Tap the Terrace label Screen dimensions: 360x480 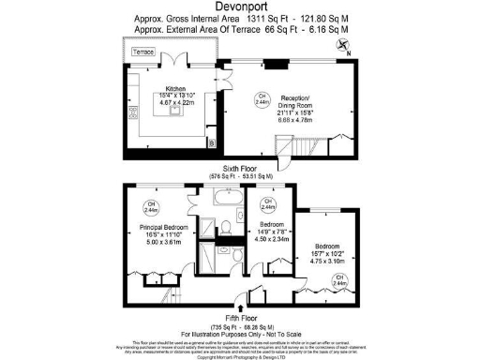[142, 52]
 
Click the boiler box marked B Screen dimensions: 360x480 [210, 142]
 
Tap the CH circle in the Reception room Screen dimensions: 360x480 [262, 97]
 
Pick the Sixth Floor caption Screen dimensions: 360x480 [240, 168]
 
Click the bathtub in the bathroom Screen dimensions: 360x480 [228, 200]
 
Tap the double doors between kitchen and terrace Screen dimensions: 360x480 [172, 62]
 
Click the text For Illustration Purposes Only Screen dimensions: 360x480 [240, 336]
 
